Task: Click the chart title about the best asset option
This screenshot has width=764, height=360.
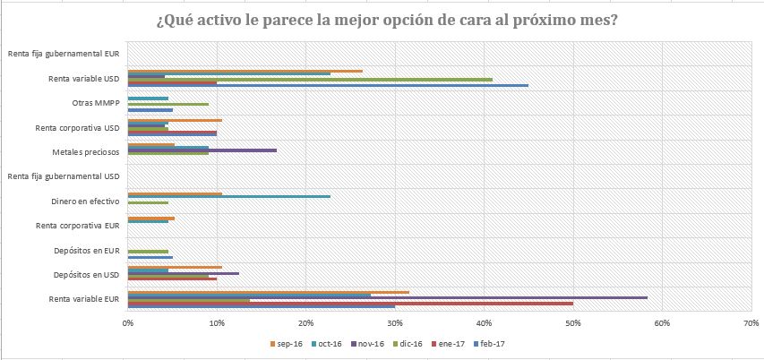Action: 382,21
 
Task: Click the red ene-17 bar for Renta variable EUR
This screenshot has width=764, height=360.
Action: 350,303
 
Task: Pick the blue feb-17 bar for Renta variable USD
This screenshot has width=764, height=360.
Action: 328,85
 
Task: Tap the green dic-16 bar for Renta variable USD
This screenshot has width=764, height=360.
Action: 310,79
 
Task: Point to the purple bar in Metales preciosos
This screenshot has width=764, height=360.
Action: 202,150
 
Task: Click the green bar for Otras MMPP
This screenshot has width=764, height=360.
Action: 168,104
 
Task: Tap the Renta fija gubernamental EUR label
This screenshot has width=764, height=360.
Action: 63,54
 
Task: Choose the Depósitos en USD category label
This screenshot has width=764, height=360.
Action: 87,274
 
